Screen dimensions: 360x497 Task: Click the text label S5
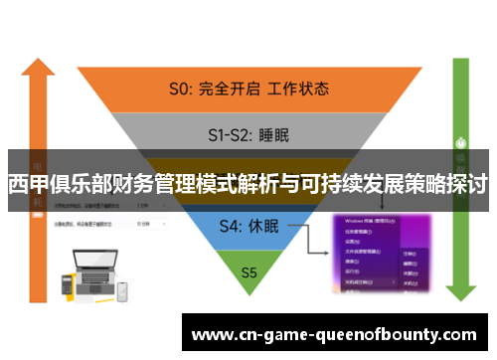pos(248,270)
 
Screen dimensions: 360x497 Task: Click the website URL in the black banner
pos(334,334)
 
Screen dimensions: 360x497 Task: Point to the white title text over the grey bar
pos(248,185)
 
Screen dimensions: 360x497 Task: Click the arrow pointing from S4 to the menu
pos(308,237)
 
